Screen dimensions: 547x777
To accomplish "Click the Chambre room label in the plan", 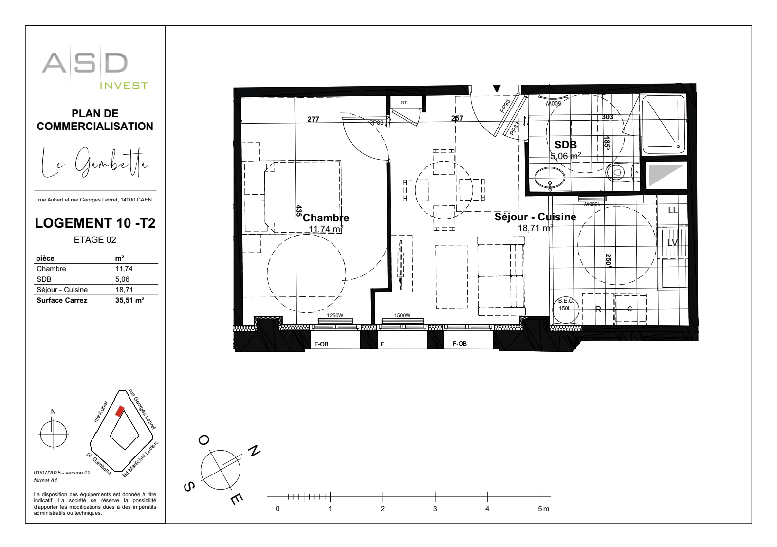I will pos(326,218).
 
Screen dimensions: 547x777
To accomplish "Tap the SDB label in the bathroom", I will pos(565,145).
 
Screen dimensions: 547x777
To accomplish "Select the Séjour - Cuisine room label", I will pos(535,217).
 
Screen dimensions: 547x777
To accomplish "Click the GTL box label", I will pos(405,103).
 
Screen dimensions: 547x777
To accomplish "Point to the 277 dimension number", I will pos(313,119).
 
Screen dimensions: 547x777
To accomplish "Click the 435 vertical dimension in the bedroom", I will pos(299,210).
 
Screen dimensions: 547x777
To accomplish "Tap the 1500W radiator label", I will pos(402,315).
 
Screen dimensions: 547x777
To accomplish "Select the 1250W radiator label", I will pos(334,315).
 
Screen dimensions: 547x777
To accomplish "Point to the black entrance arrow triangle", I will pos(497,89).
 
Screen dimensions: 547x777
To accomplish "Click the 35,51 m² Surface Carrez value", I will pos(129,300).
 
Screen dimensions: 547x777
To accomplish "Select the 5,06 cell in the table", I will pos(122,279).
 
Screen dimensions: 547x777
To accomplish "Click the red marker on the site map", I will pos(119,411).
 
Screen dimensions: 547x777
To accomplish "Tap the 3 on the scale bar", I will pos(435,509).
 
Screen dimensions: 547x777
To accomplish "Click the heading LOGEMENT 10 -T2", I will pos(95,223).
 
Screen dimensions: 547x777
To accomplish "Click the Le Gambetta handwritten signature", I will pos(95,163).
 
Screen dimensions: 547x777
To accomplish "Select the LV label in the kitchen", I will pos(672,242).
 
